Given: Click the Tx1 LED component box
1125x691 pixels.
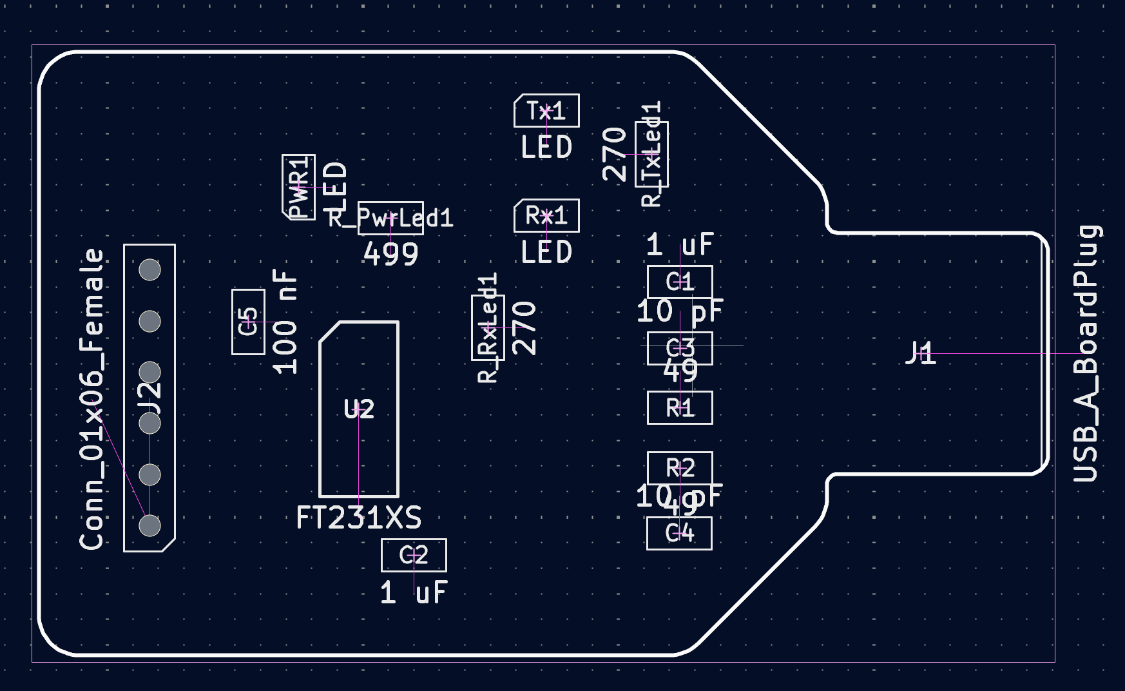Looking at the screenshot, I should click(546, 111).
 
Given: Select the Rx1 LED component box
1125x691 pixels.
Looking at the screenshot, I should click(546, 215).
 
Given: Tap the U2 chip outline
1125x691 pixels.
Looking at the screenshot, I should click(359, 409).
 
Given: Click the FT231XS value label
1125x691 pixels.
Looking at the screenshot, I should click(359, 518).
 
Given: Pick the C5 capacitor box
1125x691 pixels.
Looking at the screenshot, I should click(248, 322).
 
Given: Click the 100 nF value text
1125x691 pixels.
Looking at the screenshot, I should click(285, 322).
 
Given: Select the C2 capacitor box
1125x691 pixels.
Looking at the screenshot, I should click(414, 555).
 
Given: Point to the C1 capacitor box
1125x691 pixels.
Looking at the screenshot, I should click(680, 282).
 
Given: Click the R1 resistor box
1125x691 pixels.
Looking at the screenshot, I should click(680, 408).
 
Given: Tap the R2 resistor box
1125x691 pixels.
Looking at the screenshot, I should click(680, 468).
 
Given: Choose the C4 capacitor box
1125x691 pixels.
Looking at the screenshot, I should click(679, 533).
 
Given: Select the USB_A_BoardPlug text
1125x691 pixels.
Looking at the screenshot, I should click(1087, 353).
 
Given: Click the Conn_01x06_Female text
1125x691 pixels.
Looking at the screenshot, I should click(91, 399).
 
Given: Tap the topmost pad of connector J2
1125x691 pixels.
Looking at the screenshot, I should click(149, 269).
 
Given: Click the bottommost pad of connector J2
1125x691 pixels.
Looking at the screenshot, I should click(149, 525).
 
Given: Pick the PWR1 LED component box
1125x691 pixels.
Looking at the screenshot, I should click(299, 187).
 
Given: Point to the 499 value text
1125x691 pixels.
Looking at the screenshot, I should click(390, 254).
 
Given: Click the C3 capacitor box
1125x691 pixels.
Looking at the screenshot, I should click(680, 348).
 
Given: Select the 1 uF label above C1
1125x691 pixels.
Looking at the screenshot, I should click(680, 245).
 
